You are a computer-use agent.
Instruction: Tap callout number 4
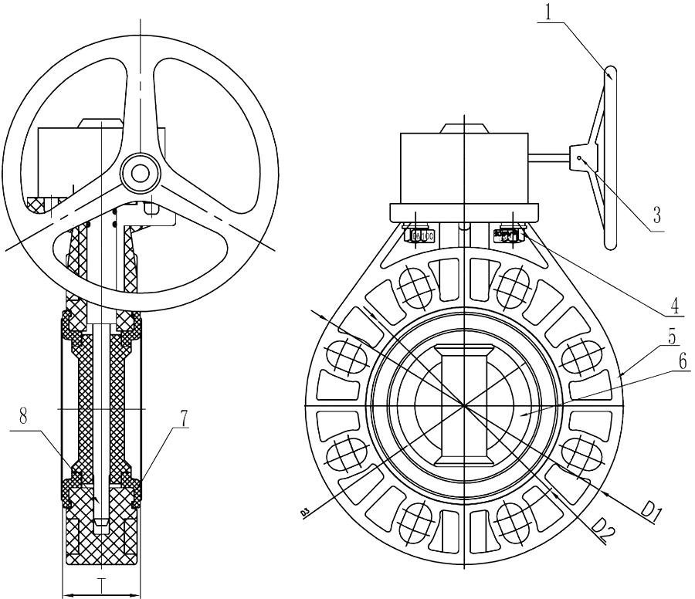point(675,305)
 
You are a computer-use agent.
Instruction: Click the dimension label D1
point(652,510)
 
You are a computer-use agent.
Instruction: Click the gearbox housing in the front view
point(463,167)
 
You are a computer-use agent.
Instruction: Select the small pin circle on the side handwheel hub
point(578,159)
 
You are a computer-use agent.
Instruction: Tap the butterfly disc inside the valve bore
point(462,404)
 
